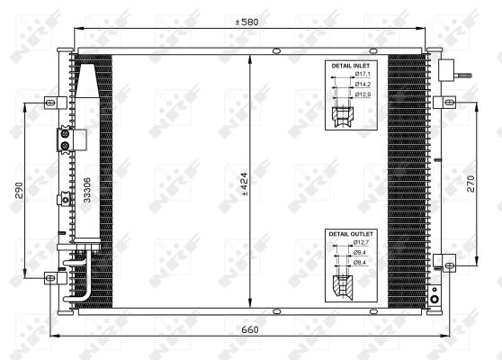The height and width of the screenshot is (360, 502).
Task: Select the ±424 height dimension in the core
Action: (x=244, y=184)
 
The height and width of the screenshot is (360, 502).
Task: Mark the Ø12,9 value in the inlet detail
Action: (x=362, y=94)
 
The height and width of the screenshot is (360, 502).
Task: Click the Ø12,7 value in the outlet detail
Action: (x=362, y=243)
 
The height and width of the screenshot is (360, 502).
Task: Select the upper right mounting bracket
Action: (x=440, y=102)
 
